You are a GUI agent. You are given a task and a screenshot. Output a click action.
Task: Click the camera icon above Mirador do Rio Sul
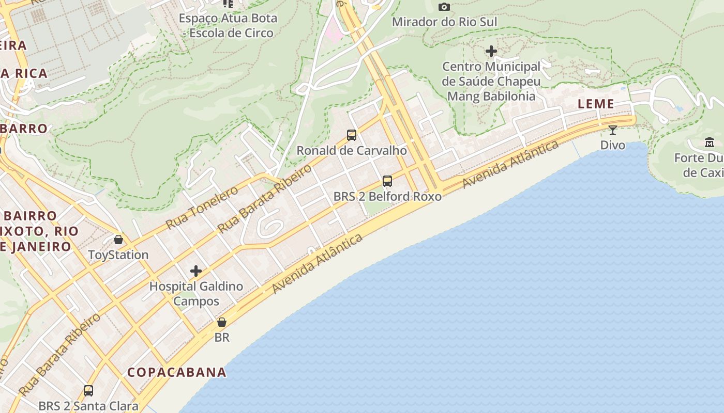444,7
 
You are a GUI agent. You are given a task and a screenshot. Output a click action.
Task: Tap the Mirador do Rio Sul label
444,22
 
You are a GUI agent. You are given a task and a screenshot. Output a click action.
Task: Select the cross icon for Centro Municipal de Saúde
491,51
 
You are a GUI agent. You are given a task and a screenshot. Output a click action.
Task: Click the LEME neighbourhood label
596,104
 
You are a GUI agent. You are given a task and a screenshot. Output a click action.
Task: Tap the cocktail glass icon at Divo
613,130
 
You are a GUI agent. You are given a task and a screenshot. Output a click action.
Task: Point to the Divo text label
612,145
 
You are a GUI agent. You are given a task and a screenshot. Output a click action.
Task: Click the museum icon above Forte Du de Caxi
709,142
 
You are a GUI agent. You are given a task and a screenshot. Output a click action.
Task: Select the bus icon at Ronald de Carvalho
352,135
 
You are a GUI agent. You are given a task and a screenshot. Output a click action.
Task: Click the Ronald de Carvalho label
352,151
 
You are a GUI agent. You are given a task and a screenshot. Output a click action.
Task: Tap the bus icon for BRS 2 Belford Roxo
387,181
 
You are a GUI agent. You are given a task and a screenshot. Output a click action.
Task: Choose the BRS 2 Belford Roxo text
387,197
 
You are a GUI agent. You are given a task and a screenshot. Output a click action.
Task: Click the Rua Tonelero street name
202,208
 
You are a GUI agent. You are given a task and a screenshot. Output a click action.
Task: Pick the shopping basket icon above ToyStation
118,240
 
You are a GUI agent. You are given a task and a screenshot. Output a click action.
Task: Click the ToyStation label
118,255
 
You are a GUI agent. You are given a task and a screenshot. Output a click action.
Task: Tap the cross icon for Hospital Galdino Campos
196,271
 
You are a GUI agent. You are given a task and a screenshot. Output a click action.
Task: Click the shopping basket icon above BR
222,322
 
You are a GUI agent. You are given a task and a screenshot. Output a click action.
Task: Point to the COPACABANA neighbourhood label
177,372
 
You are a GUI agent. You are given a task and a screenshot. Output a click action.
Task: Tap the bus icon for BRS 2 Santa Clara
88,390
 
